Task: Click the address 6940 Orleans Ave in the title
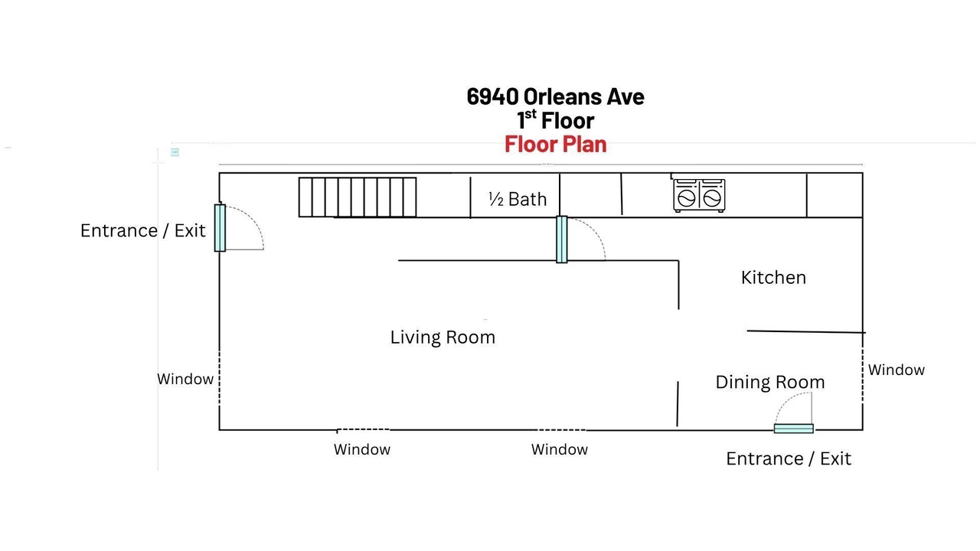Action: [x=555, y=96]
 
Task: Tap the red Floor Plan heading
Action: [x=556, y=145]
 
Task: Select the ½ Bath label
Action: [x=518, y=200]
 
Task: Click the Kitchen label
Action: [x=773, y=278]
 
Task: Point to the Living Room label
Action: [x=443, y=337]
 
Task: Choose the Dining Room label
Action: [x=770, y=382]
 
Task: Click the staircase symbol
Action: [x=358, y=197]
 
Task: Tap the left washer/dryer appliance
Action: [x=686, y=195]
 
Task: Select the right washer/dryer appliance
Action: [x=712, y=195]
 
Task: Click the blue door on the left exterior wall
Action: [x=220, y=228]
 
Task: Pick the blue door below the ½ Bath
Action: [x=562, y=240]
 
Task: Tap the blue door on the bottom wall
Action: [x=794, y=429]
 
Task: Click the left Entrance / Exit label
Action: [x=142, y=231]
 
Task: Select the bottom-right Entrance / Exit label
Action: [x=789, y=459]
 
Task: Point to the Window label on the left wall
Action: [x=185, y=379]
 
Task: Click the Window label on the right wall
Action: [x=896, y=370]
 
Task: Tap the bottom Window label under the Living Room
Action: [x=362, y=449]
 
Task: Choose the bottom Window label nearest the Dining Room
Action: [x=560, y=449]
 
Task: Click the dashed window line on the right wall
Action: [x=863, y=375]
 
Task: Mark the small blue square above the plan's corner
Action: [x=175, y=152]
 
